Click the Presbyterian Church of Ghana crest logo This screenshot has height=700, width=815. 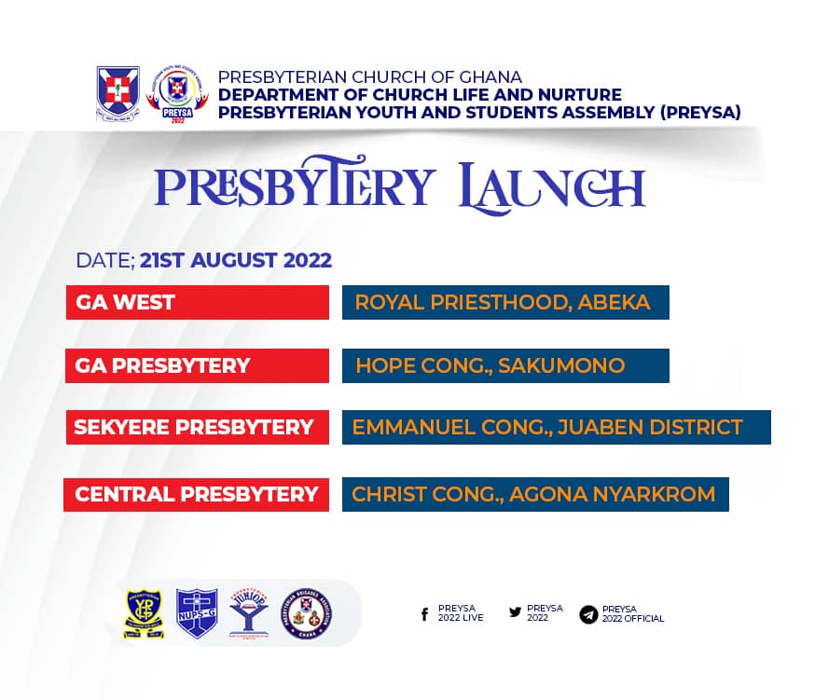pyautogui.click(x=117, y=93)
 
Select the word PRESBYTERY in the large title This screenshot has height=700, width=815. pyautogui.click(x=295, y=185)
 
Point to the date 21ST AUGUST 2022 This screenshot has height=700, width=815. pyautogui.click(x=236, y=260)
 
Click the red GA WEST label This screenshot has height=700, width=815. pyautogui.click(x=197, y=303)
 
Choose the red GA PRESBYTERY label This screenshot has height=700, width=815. pyautogui.click(x=197, y=365)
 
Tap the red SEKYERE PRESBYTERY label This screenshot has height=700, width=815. pyautogui.click(x=197, y=427)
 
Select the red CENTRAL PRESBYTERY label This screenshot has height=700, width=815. pyautogui.click(x=196, y=494)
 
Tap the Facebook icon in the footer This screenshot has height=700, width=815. pyautogui.click(x=425, y=613)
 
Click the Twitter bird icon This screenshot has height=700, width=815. pyautogui.click(x=515, y=612)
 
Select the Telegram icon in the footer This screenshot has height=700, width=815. pyautogui.click(x=588, y=614)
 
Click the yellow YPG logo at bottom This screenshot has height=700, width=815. pyautogui.click(x=145, y=612)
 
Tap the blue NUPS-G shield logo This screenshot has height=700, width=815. pyautogui.click(x=197, y=612)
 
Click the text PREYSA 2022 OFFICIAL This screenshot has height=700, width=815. pyautogui.click(x=632, y=614)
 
